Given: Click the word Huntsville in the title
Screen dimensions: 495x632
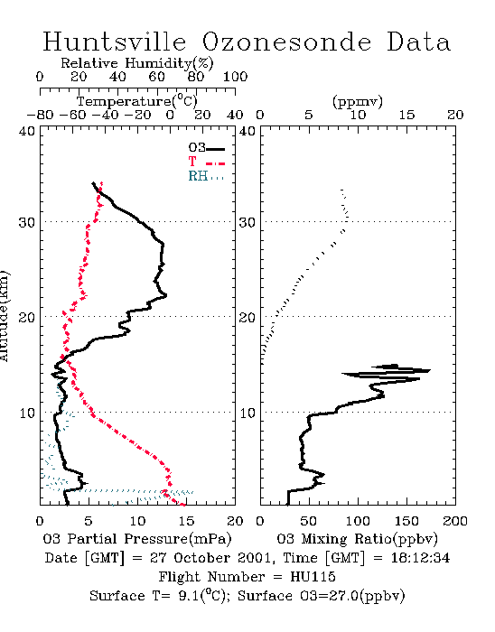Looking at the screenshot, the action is click(x=115, y=42).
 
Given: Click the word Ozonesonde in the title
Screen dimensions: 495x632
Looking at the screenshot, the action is click(x=286, y=42).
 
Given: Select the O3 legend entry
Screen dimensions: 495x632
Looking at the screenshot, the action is click(x=207, y=147).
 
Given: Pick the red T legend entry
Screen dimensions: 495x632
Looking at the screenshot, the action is click(x=207, y=162).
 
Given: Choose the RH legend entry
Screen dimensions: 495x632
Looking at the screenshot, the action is click(x=206, y=176).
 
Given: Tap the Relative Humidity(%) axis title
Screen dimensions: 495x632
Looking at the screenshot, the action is click(x=137, y=63).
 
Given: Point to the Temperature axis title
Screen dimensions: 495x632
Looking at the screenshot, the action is click(x=137, y=101).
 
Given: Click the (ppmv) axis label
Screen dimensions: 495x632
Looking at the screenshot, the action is click(x=358, y=101).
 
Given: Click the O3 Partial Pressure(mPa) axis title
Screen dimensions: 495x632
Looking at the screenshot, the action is click(x=137, y=539).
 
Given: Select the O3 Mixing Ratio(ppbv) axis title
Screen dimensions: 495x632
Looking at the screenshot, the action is click(x=357, y=539).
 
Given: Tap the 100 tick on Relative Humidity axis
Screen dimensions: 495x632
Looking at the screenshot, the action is click(x=235, y=77).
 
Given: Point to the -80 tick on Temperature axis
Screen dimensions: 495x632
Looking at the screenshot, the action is click(x=40, y=115).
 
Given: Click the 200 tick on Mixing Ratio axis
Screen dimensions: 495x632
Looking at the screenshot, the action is click(x=455, y=521).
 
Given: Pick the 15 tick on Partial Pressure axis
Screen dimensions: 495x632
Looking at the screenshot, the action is click(x=186, y=521).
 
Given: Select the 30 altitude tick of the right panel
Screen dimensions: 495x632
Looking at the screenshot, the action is click(x=247, y=222).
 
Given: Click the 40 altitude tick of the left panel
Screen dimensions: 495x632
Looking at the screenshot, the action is click(x=27, y=131).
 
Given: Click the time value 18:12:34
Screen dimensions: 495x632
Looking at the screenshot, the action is click(x=420, y=558).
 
